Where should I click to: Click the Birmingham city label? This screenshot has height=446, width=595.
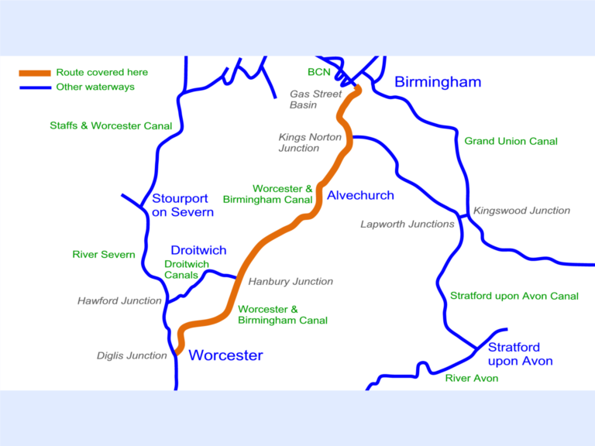438,82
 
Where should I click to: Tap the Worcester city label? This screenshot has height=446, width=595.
225,355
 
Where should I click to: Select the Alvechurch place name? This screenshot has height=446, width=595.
360,195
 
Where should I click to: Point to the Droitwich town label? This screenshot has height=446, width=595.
198,250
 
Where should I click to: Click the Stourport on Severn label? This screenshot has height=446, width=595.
183,204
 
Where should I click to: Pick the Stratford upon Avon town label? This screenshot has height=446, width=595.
520,354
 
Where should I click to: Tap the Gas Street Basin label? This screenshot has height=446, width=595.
315,99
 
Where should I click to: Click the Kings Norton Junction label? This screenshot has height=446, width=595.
310,142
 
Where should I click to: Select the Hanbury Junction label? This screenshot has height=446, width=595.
291,281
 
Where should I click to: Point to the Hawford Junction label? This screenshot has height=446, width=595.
119,300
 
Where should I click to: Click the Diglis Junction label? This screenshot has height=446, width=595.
132,355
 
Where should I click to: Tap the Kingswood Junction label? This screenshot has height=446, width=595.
521,211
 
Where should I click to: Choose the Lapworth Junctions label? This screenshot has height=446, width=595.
408,224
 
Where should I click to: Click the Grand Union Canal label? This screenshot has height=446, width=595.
511,141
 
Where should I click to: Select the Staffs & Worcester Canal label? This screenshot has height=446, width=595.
111,125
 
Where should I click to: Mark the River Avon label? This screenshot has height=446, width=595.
471,378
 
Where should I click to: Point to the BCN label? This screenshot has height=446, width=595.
318,72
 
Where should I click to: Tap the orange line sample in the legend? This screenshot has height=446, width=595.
35,73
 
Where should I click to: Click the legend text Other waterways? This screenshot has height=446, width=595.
95,87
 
